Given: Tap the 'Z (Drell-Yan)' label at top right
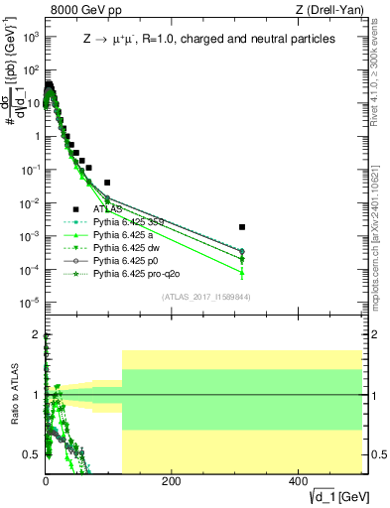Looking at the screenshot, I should (325, 12).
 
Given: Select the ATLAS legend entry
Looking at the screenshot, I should (109, 209).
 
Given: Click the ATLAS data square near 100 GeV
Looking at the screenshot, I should (107, 183).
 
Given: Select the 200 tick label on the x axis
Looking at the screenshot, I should (171, 481).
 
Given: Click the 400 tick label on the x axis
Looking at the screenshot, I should (297, 481).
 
